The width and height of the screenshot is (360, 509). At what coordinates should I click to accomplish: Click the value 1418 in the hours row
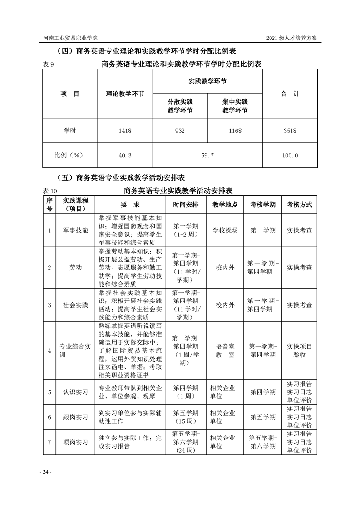125,131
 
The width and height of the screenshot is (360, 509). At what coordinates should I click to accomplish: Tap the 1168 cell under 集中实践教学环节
235,131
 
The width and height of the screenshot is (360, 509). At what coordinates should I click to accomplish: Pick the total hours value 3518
290,131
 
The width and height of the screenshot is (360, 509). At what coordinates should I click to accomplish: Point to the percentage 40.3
125,155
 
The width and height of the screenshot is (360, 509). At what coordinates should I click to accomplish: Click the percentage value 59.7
207,155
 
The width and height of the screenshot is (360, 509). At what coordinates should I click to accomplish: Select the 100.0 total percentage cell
290,155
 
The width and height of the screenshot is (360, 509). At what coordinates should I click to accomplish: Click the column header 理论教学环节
125,94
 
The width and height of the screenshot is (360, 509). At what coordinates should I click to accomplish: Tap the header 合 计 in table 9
290,94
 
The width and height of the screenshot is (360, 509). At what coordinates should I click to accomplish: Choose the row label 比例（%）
70,155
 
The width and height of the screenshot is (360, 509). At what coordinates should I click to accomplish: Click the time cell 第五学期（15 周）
186,416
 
